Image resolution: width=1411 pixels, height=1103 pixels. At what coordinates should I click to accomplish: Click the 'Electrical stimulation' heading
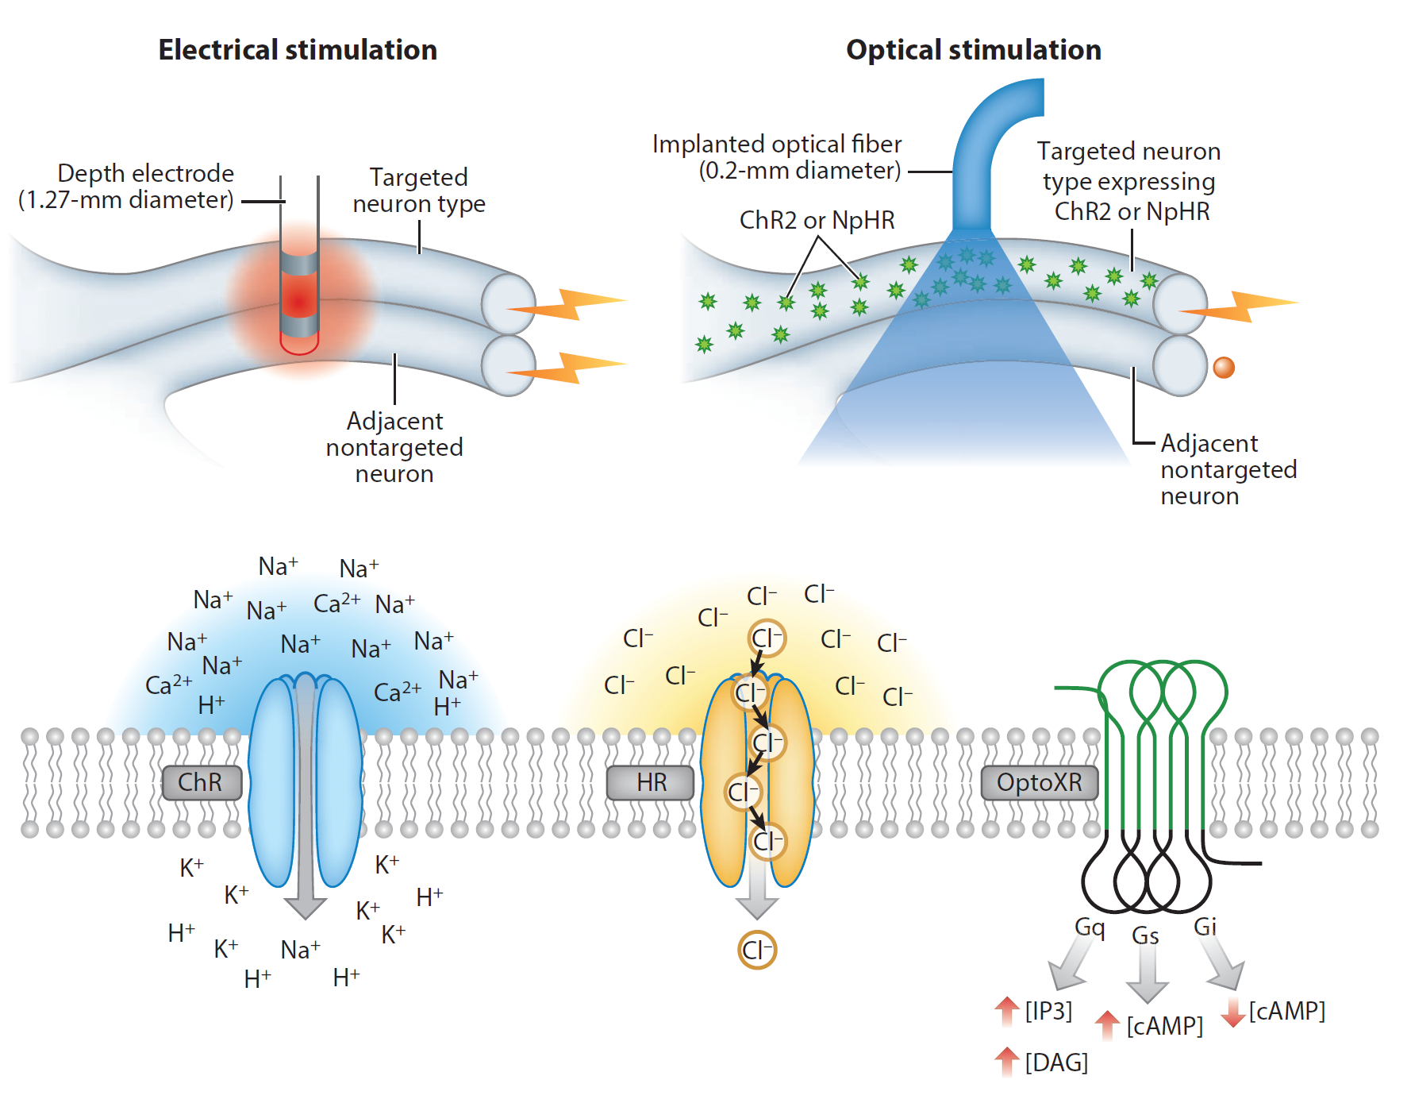(x=298, y=50)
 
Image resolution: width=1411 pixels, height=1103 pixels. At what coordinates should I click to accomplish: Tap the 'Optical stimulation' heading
(x=974, y=50)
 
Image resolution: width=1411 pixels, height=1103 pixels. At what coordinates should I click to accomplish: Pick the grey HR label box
(x=651, y=783)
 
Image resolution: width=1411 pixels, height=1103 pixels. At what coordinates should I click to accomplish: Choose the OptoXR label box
(x=1040, y=783)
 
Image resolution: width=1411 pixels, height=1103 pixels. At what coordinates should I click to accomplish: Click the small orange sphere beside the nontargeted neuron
(x=1224, y=368)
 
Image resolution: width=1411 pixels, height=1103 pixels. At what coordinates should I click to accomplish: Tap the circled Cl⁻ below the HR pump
(x=757, y=950)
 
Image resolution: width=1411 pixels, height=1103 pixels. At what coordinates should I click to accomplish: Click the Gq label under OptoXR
(x=1090, y=927)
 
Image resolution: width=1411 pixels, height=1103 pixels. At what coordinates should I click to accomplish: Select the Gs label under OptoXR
(x=1145, y=935)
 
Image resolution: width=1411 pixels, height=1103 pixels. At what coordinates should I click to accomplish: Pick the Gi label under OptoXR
(x=1205, y=927)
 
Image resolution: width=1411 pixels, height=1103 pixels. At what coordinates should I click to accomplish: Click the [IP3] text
(x=1048, y=1011)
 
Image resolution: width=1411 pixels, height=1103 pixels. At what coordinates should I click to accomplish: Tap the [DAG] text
(x=1056, y=1063)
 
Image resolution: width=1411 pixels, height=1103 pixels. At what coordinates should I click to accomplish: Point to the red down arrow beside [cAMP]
(x=1232, y=1012)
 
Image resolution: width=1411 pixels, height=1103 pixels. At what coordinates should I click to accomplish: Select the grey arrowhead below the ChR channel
(x=306, y=907)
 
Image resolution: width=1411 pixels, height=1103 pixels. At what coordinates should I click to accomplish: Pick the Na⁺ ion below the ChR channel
(x=300, y=950)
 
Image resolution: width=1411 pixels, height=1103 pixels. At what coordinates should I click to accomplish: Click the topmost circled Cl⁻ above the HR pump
(x=767, y=638)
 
